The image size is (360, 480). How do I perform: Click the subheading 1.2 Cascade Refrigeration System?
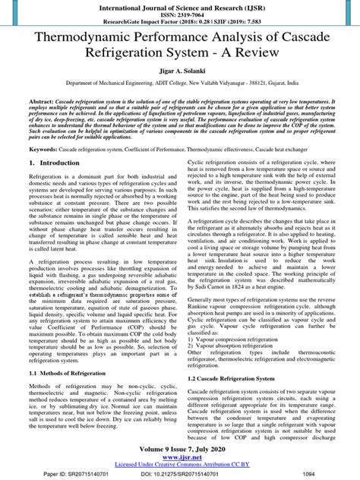(x=235, y=377)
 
